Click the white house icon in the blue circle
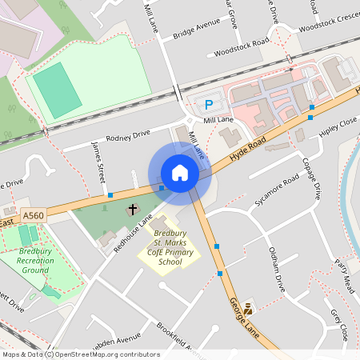pyautogui.click(x=180, y=173)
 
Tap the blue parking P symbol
pyautogui.click(x=210, y=104)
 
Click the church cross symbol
pyautogui.click(x=132, y=210)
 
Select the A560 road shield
pyautogui.click(x=33, y=216)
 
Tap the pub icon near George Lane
pyautogui.click(x=249, y=307)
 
